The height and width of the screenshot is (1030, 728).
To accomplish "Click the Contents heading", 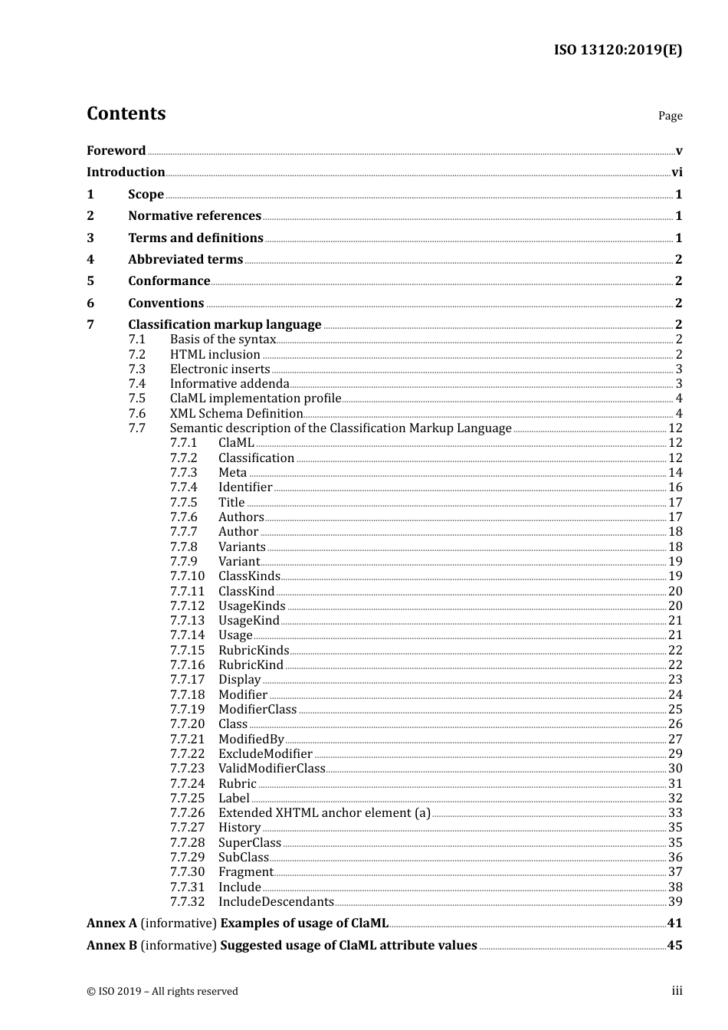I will pyautogui.click(x=126, y=113).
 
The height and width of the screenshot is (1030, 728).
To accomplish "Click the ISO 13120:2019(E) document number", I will pyautogui.click(x=618, y=51).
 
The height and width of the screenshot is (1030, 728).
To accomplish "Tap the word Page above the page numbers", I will pyautogui.click(x=670, y=116).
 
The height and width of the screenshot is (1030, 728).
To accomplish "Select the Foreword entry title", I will pyautogui.click(x=116, y=150).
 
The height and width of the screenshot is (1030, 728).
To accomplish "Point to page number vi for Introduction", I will pyautogui.click(x=677, y=172).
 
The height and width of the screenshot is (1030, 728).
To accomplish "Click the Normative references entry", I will pyautogui.click(x=195, y=216).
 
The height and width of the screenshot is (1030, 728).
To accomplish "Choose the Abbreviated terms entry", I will pyautogui.click(x=185, y=260).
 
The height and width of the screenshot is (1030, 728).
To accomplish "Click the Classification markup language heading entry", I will pyautogui.click(x=225, y=325).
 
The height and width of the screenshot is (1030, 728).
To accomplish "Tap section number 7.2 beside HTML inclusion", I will pyautogui.click(x=137, y=355).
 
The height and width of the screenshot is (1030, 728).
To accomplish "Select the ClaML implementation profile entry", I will pyautogui.click(x=255, y=399).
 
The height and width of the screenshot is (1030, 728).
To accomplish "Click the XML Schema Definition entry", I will pyautogui.click(x=236, y=414).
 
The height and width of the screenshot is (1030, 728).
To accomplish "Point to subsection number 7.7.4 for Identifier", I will pyautogui.click(x=184, y=487).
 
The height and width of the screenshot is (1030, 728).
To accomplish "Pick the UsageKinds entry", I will pyautogui.click(x=251, y=606).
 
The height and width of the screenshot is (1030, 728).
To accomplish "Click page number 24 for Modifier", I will pyautogui.click(x=675, y=695).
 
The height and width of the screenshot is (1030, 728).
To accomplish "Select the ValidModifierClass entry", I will pyautogui.click(x=272, y=769).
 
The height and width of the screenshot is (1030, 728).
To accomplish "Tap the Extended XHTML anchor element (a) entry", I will pyautogui.click(x=324, y=813).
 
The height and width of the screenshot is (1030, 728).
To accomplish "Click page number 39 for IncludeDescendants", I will pyautogui.click(x=675, y=902).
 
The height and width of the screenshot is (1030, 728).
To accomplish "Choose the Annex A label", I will pyautogui.click(x=112, y=923).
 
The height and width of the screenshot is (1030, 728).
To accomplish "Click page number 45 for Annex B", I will pyautogui.click(x=674, y=946).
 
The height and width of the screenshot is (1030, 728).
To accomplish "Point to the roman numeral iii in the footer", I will pyautogui.click(x=677, y=991).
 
